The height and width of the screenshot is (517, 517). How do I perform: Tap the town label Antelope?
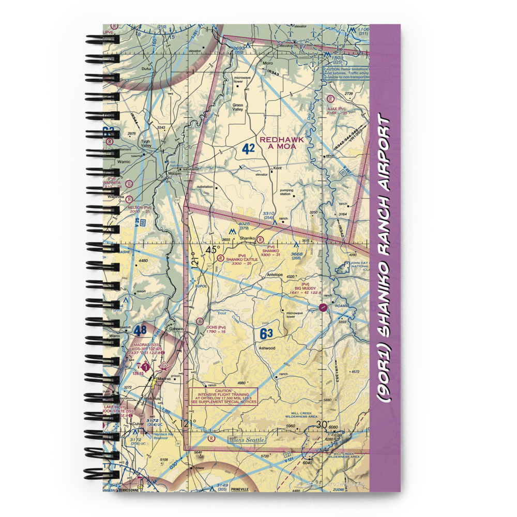point(275,275)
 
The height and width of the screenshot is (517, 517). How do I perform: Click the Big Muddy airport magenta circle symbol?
point(323,308)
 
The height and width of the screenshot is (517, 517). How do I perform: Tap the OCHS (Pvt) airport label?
point(216,327)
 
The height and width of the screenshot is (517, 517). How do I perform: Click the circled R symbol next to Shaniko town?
point(260,239)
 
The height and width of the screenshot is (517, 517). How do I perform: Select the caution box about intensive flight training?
point(223,396)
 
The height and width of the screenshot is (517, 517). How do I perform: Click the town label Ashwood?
point(267,348)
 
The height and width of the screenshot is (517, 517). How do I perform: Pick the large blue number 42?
point(248,149)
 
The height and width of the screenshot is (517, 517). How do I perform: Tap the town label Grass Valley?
point(238,107)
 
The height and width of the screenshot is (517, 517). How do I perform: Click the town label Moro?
point(268,64)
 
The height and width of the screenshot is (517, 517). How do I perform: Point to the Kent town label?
point(278,169)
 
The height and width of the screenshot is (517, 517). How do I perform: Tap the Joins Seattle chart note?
point(247,439)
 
